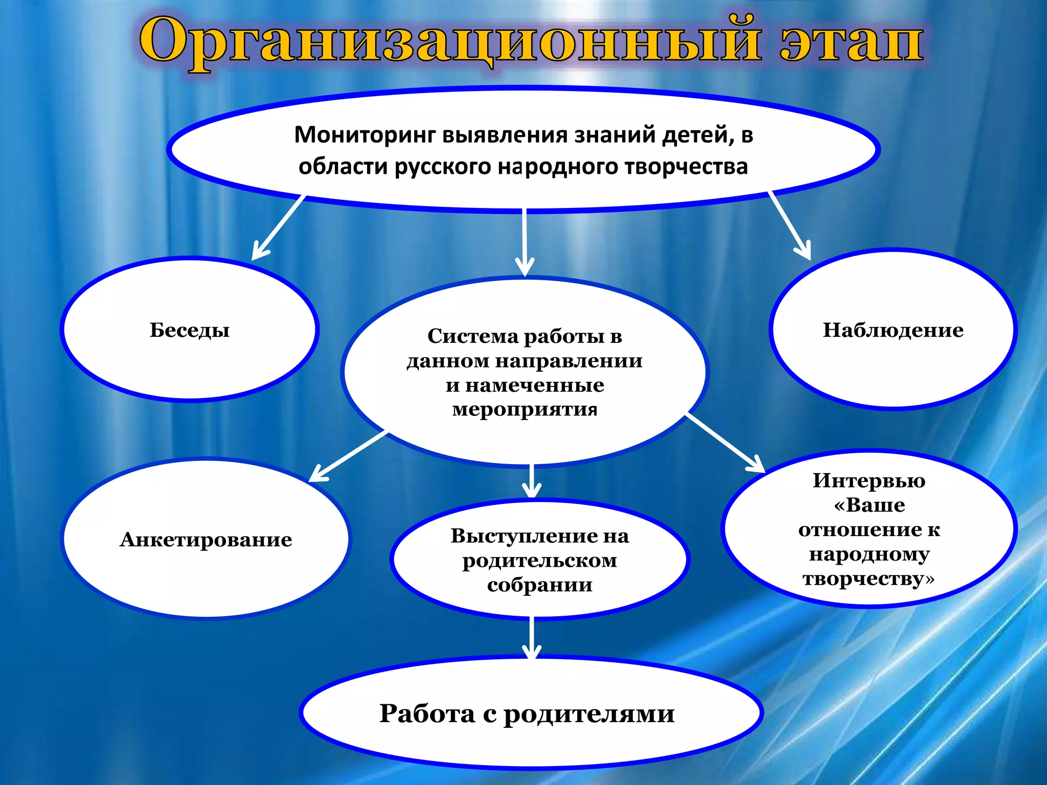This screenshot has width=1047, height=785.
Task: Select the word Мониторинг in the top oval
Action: click(365, 135)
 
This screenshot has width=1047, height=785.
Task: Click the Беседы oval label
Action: click(190, 330)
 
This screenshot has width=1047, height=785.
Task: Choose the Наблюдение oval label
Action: click(893, 330)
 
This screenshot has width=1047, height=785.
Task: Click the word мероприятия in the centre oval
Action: click(525, 409)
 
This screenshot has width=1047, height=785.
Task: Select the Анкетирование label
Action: click(206, 540)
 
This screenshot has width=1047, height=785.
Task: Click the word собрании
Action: click(540, 585)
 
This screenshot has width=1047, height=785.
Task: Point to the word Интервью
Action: click(869, 480)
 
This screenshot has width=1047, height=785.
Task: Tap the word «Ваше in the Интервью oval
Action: click(869, 505)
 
